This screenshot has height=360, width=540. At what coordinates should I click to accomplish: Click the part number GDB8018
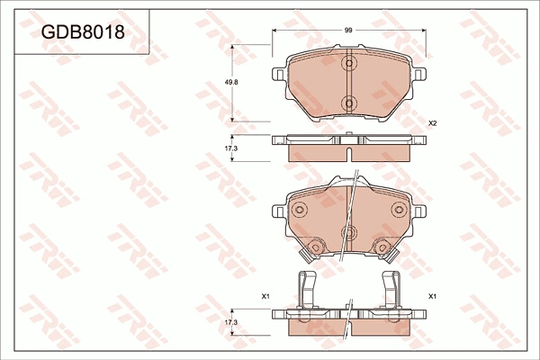click(83, 32)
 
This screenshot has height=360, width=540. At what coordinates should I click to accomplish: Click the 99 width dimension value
click(348, 31)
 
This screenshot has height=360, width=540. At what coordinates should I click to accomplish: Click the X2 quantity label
click(432, 123)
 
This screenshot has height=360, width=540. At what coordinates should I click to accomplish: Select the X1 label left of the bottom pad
click(265, 296)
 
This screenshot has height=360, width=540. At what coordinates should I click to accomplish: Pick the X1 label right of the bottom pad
click(432, 296)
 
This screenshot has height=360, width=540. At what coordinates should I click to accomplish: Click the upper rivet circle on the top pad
click(349, 63)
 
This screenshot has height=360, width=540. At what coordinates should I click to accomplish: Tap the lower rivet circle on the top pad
click(349, 103)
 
